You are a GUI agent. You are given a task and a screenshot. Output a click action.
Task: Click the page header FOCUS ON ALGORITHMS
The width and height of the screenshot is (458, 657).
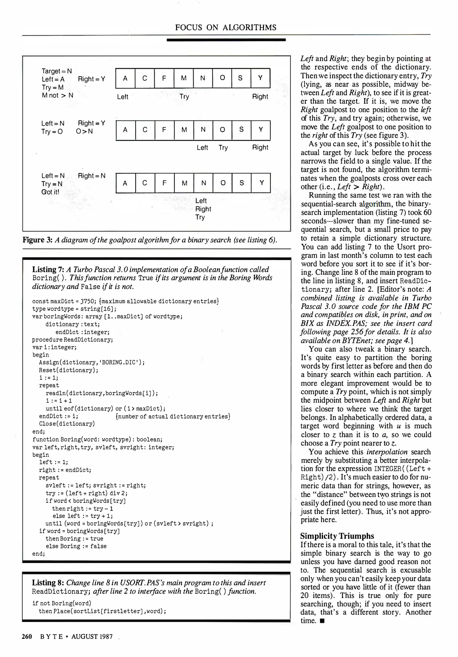226,28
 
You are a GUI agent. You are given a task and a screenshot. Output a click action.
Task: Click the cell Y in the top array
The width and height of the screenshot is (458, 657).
260,78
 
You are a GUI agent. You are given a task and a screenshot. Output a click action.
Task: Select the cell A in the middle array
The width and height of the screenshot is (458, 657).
125,130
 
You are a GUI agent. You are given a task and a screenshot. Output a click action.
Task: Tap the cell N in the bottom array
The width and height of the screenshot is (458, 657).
203,183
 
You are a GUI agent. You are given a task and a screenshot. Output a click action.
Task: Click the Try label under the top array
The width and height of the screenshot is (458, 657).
184,97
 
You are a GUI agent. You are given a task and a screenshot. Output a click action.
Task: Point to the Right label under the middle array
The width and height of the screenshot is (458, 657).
260,148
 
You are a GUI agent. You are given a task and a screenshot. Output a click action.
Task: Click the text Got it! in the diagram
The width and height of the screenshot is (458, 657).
50,192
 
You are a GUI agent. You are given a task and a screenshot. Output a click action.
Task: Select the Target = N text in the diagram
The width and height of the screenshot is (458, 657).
57,71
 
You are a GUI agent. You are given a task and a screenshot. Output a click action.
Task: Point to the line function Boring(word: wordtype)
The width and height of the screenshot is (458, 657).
97,439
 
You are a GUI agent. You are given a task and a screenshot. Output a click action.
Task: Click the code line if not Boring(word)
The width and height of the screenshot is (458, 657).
62,603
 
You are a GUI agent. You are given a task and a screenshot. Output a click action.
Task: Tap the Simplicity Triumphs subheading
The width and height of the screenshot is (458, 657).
337,536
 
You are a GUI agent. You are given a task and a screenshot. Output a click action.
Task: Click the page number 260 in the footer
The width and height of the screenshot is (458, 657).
27,637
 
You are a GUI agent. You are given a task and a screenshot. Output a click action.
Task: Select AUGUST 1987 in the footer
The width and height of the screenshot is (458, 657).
92,637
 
